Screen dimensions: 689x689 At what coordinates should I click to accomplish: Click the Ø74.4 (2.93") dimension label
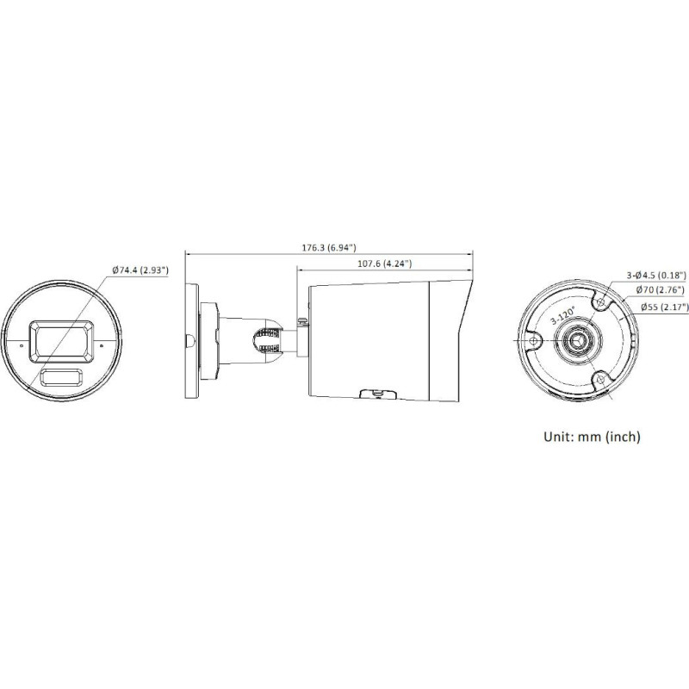(140, 270)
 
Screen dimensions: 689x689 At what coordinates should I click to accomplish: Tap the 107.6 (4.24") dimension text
(383, 263)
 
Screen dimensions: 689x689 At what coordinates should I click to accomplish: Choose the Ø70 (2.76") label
(659, 291)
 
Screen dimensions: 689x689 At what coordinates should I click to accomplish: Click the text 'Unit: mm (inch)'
(592, 438)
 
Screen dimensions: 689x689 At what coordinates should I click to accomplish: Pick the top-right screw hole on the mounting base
(601, 302)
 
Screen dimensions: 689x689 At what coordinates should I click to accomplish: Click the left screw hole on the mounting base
(533, 341)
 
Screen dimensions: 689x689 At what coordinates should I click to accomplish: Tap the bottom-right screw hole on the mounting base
(601, 379)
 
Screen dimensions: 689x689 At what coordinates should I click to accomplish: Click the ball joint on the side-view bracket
(268, 338)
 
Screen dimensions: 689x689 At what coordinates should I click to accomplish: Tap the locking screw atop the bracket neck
(303, 320)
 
